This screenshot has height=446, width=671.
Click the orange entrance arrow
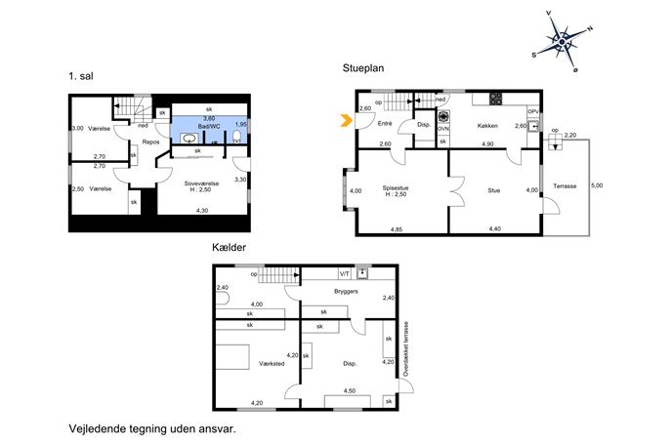[346, 121]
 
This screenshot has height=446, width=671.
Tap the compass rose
[562, 42]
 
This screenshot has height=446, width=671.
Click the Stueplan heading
[363, 68]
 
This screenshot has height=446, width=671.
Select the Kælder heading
[229, 247]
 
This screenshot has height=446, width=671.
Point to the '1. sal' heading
[81, 76]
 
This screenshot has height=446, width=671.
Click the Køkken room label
[487, 126]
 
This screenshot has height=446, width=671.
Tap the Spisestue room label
[395, 187]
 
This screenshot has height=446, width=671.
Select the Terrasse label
[565, 186]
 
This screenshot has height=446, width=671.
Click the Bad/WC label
[209, 127]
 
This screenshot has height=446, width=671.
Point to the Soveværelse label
[201, 183]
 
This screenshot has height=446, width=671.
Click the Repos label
[150, 142]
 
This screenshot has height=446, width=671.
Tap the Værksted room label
[272, 363]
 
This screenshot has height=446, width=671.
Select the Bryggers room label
[346, 291]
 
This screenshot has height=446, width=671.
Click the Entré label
[385, 124]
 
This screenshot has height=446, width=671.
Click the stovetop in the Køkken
[495, 100]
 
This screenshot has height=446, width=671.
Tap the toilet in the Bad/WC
[236, 137]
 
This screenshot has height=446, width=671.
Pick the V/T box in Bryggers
[345, 273]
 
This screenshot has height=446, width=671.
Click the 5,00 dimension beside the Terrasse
[597, 185]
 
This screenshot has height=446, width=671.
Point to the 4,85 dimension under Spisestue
[397, 229]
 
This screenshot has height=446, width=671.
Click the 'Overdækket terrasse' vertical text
[406, 349]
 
